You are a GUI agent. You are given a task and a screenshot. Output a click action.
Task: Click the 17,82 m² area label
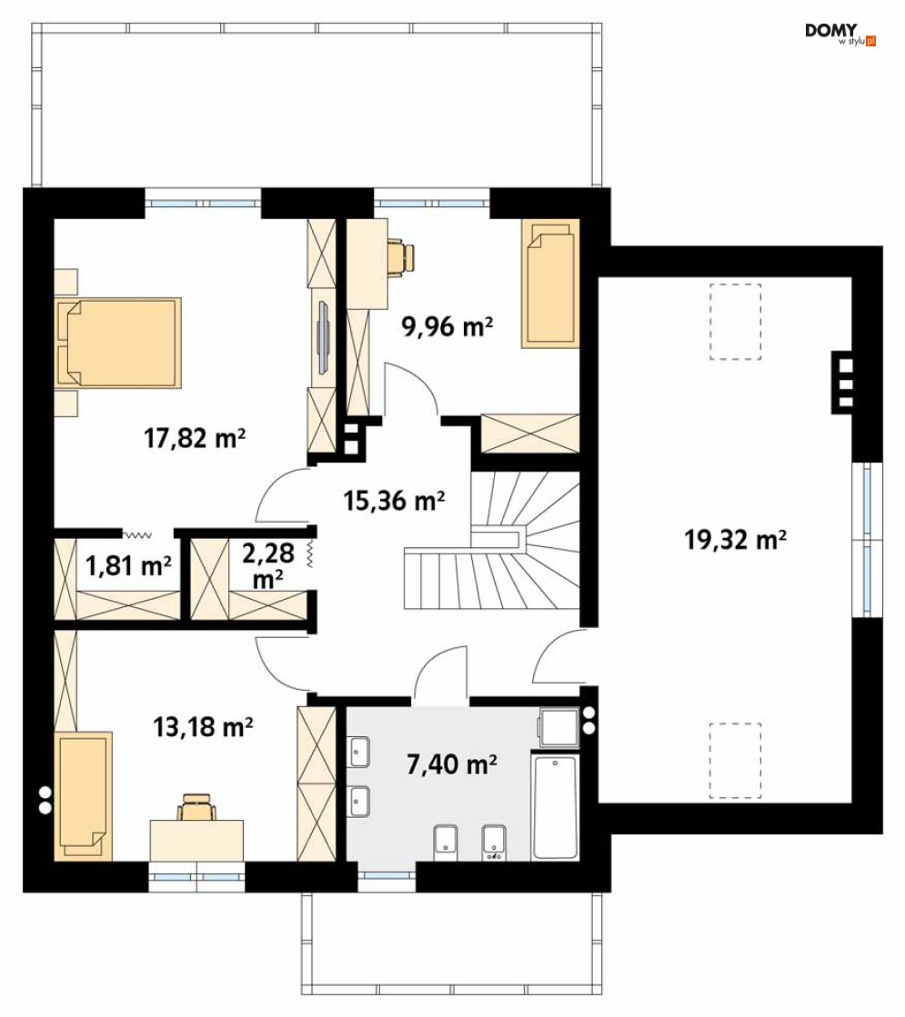194,438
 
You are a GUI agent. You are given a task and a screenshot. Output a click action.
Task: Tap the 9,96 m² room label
447,325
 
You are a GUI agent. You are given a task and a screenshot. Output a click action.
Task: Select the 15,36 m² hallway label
394,501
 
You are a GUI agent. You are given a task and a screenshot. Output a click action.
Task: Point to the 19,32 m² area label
736,539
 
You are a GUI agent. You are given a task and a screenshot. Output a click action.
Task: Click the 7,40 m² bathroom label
452,764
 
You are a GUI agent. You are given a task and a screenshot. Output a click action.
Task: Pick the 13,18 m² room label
203,727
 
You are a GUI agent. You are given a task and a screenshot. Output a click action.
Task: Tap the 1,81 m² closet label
128,565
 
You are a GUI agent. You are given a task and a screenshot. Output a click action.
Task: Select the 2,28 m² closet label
268,565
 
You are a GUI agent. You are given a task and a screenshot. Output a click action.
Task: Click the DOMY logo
840,34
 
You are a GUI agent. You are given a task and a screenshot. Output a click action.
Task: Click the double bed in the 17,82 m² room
119,343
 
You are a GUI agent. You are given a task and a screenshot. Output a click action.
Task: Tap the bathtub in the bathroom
555,807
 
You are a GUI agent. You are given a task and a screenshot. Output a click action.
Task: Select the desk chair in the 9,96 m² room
400,256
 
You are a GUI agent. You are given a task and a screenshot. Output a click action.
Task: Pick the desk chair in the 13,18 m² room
196,807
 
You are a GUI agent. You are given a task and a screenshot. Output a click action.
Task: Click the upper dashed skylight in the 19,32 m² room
735,322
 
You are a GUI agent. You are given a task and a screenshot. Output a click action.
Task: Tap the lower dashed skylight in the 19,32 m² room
735,761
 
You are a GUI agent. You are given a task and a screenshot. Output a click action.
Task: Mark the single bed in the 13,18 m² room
84,796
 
